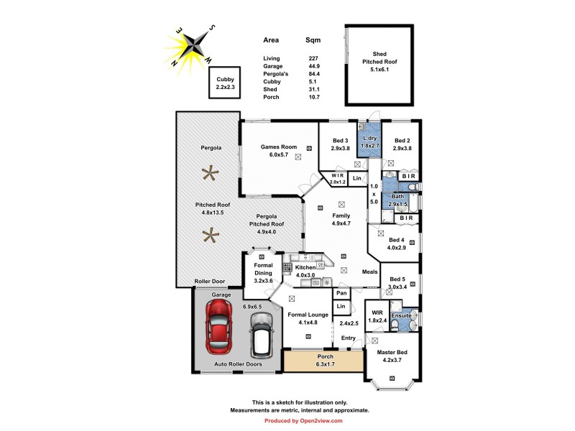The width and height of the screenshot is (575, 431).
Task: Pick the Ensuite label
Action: pyautogui.click(x=401, y=315)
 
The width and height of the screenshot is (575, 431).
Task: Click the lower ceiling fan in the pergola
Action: pyautogui.click(x=211, y=235)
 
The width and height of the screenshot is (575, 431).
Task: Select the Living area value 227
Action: pyautogui.click(x=313, y=58)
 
